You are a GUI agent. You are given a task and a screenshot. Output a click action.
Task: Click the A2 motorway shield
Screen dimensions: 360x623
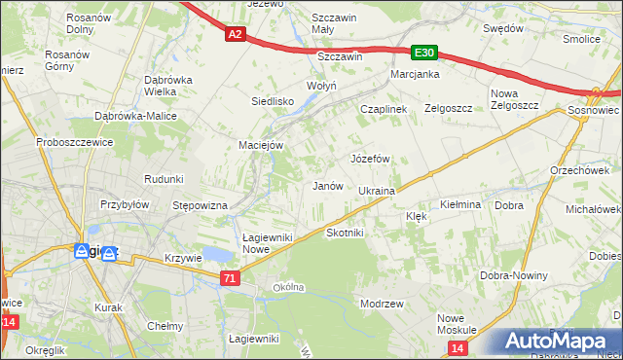pos(234,34)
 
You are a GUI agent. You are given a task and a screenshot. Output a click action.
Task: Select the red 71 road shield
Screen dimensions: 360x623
pos(229,279)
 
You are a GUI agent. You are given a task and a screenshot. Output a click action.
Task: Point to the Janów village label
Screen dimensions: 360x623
pos(326,186)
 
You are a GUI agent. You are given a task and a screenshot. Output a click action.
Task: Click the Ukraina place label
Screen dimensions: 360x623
pos(376,191)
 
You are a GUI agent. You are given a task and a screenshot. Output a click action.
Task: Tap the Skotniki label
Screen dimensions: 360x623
pos(345,234)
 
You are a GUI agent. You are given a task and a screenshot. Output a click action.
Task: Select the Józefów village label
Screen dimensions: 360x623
pos(370,158)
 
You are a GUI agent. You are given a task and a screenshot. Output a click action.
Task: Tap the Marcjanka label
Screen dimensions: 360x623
pos(416,75)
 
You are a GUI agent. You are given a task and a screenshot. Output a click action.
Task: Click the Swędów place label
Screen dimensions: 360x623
pos(503,28)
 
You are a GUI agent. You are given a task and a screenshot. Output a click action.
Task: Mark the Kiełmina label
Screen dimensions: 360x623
pos(460,205)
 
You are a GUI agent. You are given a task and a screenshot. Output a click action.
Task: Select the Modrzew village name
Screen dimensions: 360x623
pos(382,304)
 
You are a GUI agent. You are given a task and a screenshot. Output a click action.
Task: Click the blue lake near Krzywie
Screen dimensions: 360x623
pos(218,255)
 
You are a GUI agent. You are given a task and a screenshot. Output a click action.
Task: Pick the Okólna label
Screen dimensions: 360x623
pos(289,287)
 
